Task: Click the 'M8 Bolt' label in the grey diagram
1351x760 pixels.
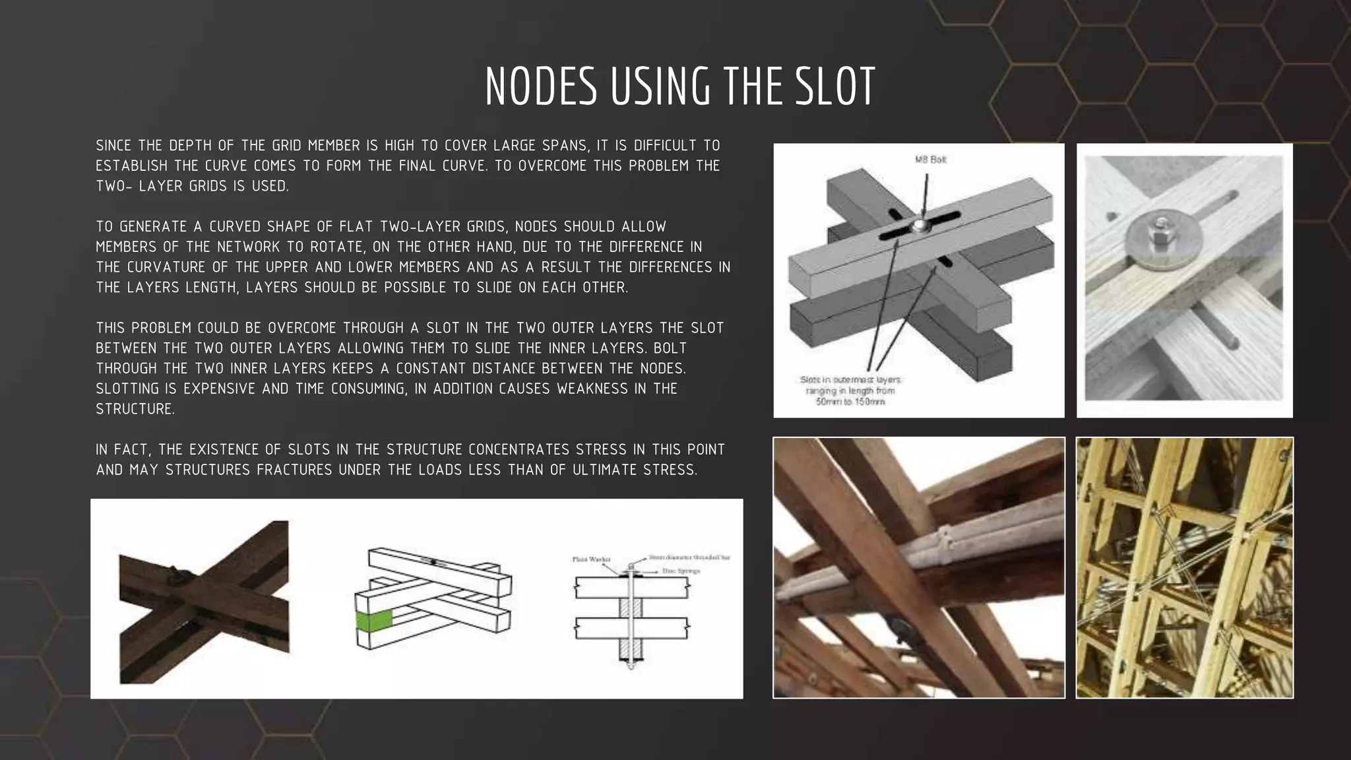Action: (x=930, y=160)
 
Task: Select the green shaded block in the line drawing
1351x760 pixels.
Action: (x=374, y=620)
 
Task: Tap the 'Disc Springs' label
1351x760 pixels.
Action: (x=681, y=571)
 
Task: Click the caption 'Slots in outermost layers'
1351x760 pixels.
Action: (x=850, y=380)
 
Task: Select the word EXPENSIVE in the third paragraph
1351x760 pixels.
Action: (x=221, y=389)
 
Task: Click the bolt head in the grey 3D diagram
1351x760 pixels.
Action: (x=918, y=227)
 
